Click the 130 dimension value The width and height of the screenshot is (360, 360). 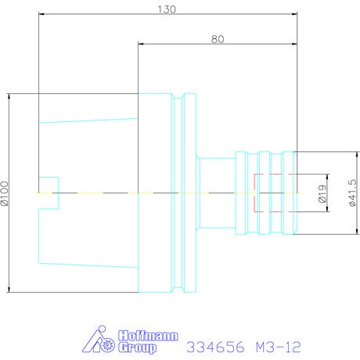click(167, 9)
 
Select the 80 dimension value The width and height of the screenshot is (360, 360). click(218, 39)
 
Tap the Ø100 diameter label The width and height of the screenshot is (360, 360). click(5, 193)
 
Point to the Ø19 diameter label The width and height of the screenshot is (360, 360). click(322, 193)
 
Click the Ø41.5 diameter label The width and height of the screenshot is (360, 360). click(352, 193)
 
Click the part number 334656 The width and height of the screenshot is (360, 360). click(215, 347)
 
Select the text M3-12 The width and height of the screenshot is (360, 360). click(279, 347)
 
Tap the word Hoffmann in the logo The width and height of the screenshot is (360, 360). click(148, 336)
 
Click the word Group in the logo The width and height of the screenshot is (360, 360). click(138, 347)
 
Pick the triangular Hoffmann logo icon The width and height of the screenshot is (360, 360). click(99, 339)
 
